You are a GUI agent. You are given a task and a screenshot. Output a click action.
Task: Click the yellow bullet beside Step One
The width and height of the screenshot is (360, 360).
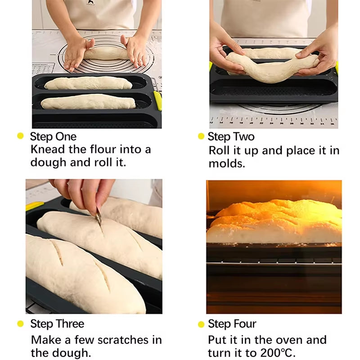click(20, 136)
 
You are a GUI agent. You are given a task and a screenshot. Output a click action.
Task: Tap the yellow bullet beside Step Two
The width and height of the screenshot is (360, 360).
click(201, 136)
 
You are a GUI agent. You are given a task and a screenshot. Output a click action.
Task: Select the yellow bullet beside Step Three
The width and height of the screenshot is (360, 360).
click(20, 324)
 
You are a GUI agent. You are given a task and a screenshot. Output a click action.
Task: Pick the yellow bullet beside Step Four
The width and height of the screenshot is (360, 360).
click(201, 324)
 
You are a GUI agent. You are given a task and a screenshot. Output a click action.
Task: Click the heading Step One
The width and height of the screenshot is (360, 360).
click(53, 136)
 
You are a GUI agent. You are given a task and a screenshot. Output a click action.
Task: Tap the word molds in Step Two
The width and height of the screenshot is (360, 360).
click(227, 164)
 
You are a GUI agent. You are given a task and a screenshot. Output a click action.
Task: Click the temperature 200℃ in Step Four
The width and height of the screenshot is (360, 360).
click(274, 353)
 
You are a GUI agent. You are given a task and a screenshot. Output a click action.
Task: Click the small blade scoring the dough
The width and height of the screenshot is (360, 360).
click(99, 221)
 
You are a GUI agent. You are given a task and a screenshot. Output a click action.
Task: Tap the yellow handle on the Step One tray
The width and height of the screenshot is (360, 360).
click(157, 100)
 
